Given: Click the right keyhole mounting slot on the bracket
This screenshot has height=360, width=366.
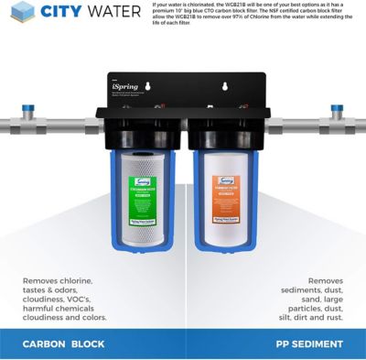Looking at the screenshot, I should (222, 89).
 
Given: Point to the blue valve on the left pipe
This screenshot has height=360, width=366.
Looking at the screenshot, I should (30, 115).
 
